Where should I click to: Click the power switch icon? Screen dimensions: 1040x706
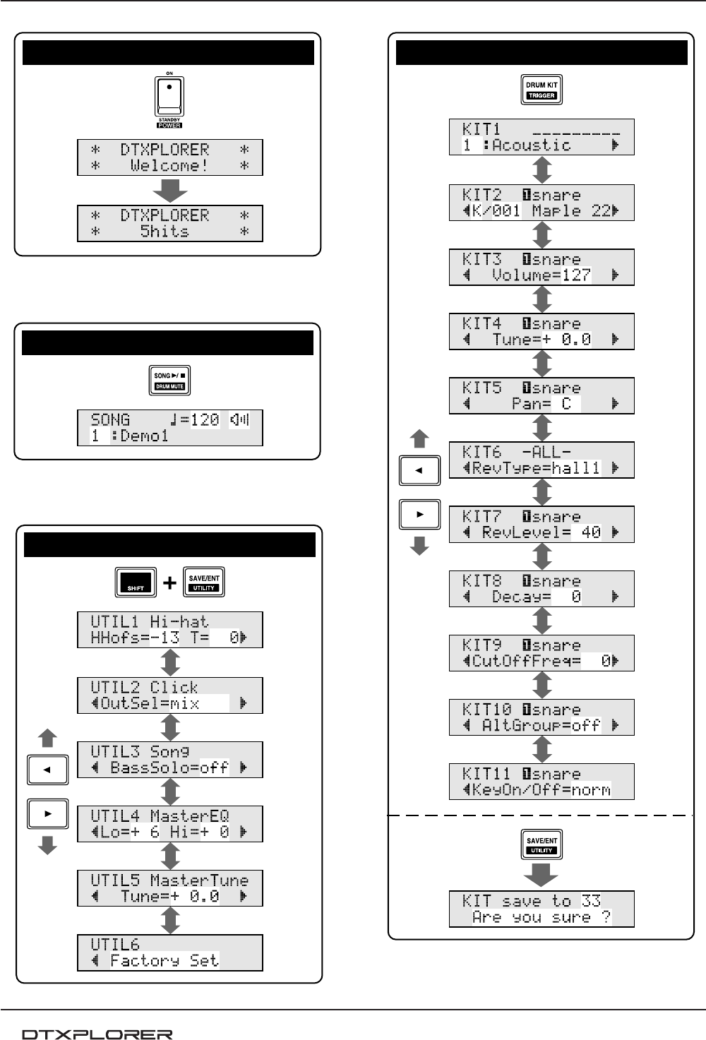click(x=169, y=97)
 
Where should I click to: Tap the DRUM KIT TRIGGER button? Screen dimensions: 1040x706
click(x=542, y=90)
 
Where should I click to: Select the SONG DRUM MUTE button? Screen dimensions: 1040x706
click(x=169, y=381)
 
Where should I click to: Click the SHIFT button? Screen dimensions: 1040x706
click(x=136, y=582)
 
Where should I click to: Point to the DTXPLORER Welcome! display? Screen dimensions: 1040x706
click(x=170, y=157)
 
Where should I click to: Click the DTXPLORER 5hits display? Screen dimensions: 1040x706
click(x=170, y=223)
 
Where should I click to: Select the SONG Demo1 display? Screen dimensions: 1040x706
click(x=170, y=428)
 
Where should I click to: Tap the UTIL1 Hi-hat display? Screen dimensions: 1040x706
click(x=170, y=630)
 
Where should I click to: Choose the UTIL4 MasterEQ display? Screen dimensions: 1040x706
click(x=170, y=824)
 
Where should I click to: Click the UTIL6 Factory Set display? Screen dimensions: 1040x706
click(x=170, y=952)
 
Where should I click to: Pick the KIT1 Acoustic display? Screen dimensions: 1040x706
click(x=542, y=137)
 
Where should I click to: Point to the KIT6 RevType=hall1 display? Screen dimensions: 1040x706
click(x=542, y=460)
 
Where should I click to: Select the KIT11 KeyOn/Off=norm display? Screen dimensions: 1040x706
click(x=542, y=782)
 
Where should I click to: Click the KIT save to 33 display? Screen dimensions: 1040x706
click(x=542, y=909)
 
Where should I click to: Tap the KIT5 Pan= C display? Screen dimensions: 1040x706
click(x=542, y=395)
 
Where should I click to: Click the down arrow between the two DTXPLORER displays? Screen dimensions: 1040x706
click(x=170, y=190)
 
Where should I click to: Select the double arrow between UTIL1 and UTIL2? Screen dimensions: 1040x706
click(x=170, y=662)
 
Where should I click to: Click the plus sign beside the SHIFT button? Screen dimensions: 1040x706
click(x=169, y=583)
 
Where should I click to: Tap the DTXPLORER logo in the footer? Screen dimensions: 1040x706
click(x=97, y=1034)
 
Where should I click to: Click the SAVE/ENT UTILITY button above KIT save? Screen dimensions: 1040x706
click(x=542, y=845)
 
